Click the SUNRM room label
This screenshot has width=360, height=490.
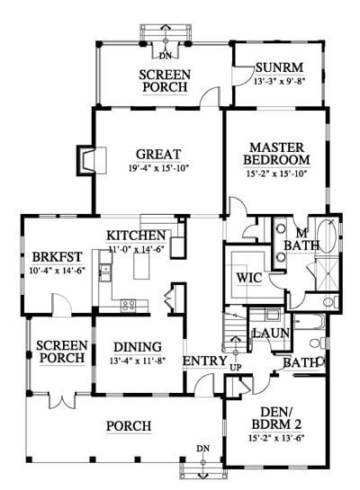click(x=279, y=67)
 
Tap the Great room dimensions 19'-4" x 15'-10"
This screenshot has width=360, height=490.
click(x=159, y=168)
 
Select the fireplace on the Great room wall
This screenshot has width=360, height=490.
click(x=92, y=160)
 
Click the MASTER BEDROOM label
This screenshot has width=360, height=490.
click(x=276, y=154)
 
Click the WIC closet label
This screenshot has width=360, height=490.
click(x=249, y=278)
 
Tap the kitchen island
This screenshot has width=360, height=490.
click(x=141, y=265)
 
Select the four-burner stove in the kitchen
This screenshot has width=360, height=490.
click(x=129, y=305)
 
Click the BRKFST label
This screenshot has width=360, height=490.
click(x=58, y=257)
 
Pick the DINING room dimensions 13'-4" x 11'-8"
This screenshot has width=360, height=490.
click(x=138, y=361)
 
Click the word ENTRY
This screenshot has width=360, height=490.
click(x=205, y=361)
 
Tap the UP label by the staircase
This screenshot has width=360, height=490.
click(x=236, y=368)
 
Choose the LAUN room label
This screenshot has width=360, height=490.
click(x=271, y=334)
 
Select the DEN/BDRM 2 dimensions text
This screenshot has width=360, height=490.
click(x=277, y=438)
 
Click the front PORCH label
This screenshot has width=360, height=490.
click(x=129, y=426)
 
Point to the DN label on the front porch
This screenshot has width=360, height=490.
click(x=203, y=449)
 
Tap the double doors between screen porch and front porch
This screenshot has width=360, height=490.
click(x=63, y=400)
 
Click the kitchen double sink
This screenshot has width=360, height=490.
click(x=105, y=272)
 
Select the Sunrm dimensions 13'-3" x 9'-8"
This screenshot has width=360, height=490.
click(x=279, y=81)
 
